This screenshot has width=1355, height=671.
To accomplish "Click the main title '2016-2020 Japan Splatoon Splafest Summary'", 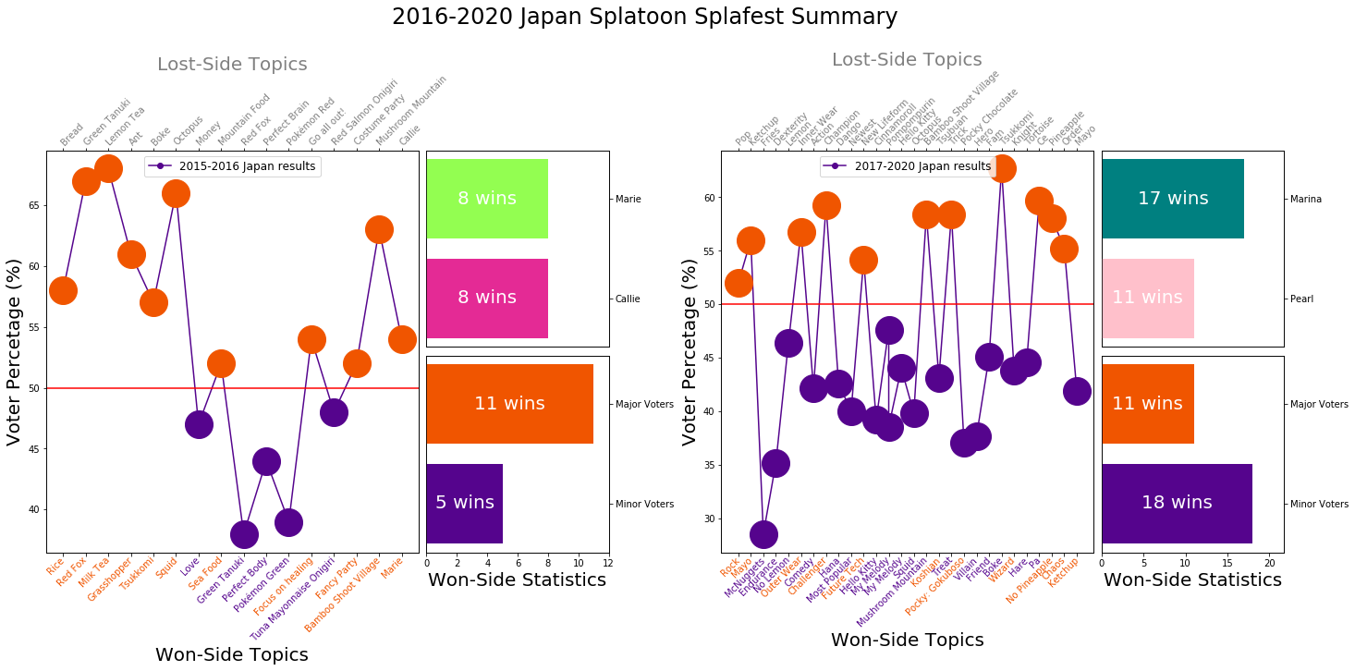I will [x=643, y=17].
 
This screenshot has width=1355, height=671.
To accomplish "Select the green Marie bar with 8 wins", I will [x=487, y=199].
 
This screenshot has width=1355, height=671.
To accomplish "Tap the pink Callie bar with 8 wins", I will [x=487, y=299].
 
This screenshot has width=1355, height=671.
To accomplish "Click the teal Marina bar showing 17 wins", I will [x=1172, y=199].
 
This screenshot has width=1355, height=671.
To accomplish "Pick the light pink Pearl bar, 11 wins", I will [x=1147, y=299].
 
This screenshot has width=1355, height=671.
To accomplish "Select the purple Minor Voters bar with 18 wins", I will [x=1176, y=504].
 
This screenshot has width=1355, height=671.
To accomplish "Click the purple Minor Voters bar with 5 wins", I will [x=464, y=504].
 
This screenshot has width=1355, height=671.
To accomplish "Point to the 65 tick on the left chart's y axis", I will [x=35, y=205].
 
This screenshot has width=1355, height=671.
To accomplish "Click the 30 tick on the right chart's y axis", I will [x=710, y=518].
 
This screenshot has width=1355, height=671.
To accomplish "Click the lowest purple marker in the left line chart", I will [x=244, y=534].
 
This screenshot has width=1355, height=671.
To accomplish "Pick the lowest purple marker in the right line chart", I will [x=763, y=534].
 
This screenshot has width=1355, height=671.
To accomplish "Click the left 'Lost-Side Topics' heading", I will [x=232, y=65].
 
